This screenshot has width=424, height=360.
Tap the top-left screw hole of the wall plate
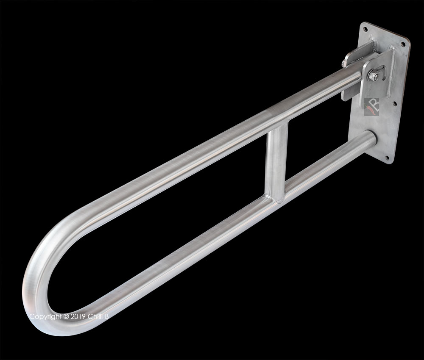pos(364,29)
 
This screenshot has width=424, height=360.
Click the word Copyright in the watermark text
pos(44,316)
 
